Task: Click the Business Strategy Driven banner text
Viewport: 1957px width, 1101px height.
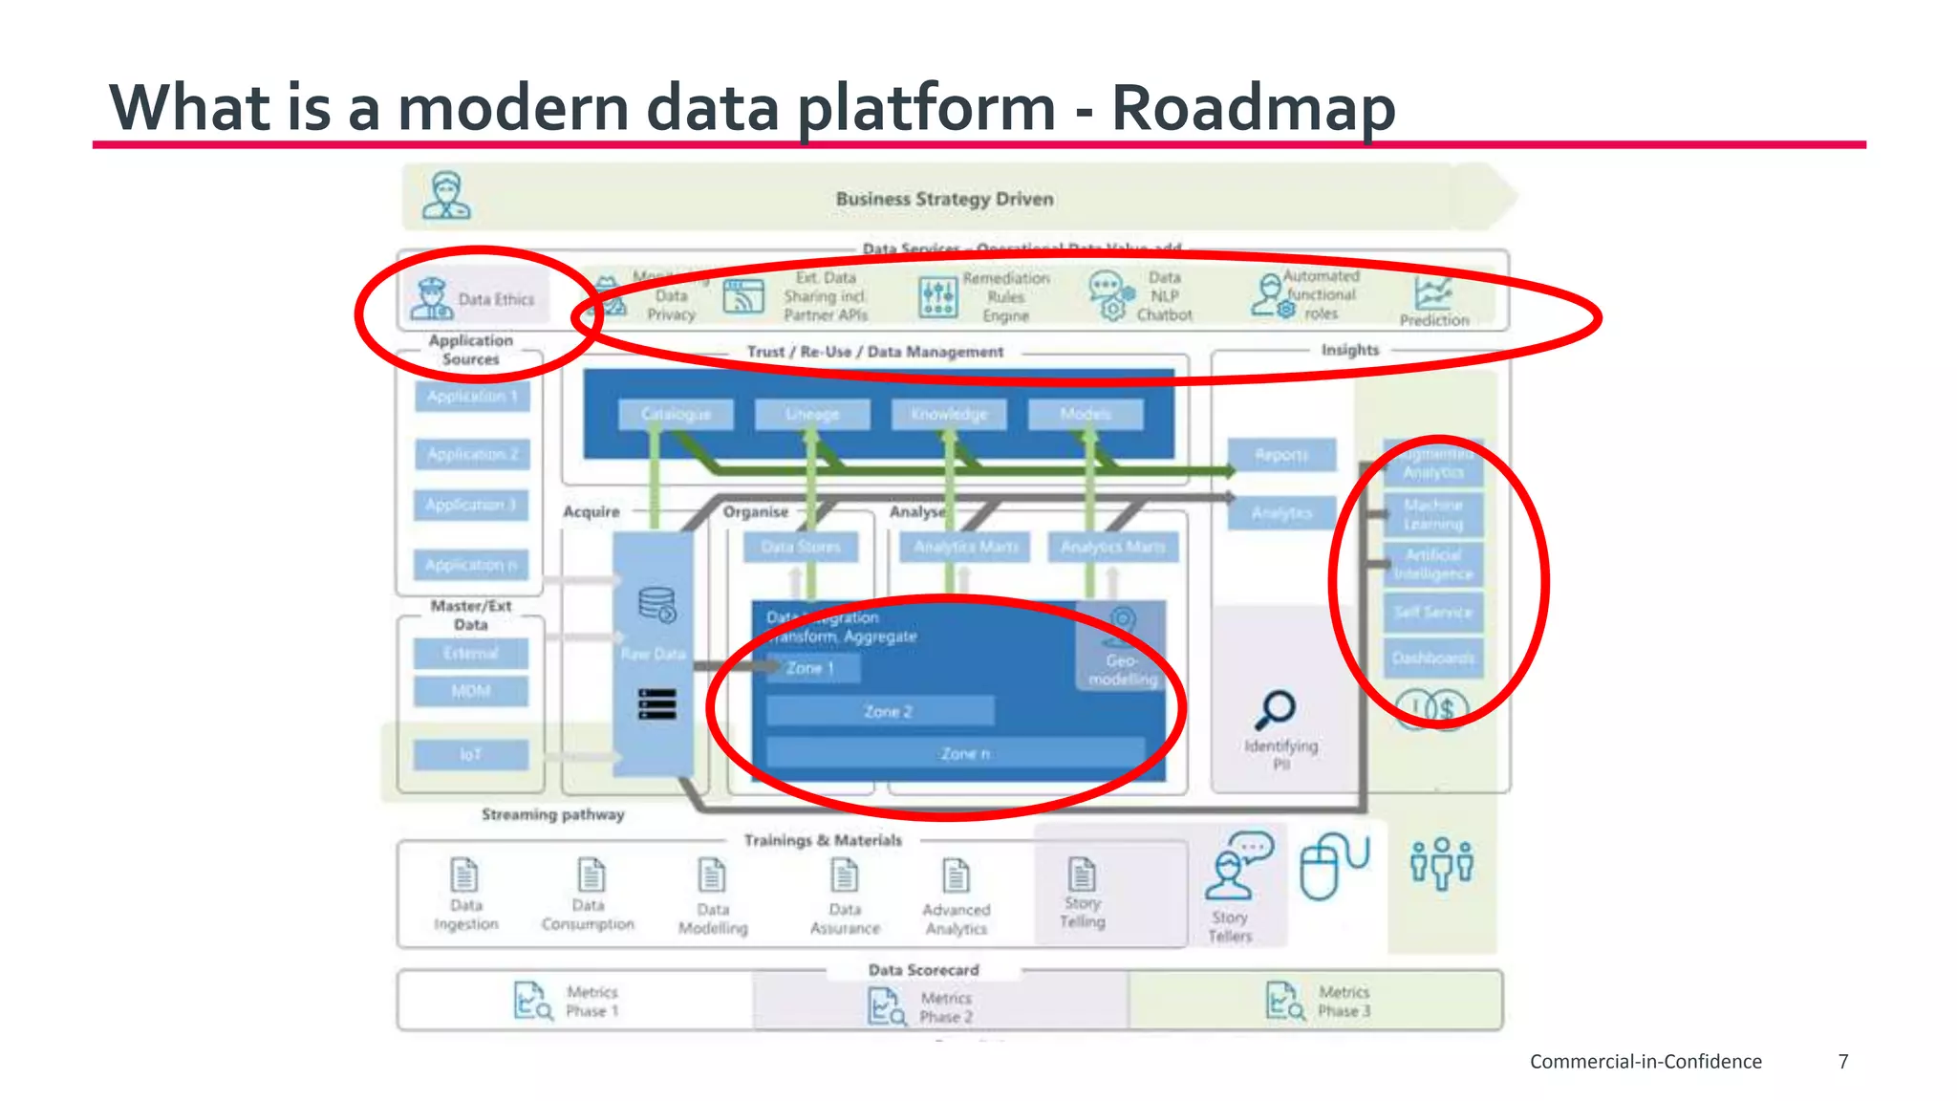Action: point(944,199)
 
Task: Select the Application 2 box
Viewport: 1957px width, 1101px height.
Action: point(472,454)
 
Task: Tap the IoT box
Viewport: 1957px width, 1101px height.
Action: point(470,755)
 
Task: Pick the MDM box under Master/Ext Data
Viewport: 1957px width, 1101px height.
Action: point(470,691)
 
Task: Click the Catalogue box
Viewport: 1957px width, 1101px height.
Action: point(676,414)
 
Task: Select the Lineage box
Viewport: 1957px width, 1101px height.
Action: point(812,414)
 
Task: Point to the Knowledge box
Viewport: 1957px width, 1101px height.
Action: point(948,414)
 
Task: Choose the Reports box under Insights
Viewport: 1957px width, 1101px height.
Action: point(1281,455)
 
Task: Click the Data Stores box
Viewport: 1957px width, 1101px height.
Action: point(801,547)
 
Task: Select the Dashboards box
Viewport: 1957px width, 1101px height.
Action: point(1432,658)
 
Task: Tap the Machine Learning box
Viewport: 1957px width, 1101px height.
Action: point(1432,514)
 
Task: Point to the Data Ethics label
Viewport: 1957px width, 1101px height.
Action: point(496,299)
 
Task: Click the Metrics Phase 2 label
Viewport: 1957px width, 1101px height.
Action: point(945,1007)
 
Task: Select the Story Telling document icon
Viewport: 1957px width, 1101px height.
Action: point(1082,874)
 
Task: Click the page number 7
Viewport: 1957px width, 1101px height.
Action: point(1843,1061)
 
